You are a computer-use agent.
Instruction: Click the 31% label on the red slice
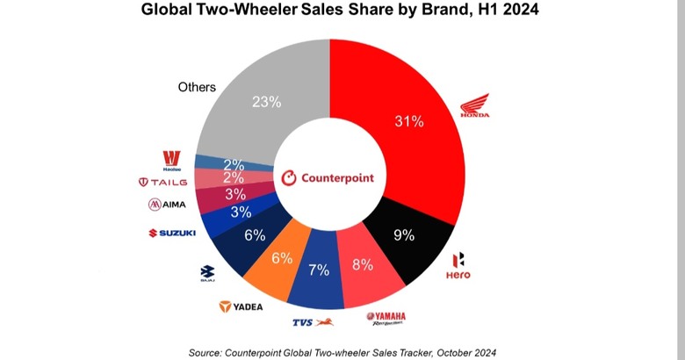point(410,121)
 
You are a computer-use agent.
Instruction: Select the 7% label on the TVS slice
point(320,270)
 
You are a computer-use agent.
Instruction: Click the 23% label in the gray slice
point(266,102)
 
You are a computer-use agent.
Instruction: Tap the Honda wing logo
point(475,107)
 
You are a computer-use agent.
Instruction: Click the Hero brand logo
point(459,266)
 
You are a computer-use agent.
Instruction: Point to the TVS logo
point(309,322)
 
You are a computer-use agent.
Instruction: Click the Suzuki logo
point(171,233)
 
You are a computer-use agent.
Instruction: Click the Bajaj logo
point(208,273)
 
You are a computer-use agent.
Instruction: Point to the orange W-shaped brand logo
point(171,160)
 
